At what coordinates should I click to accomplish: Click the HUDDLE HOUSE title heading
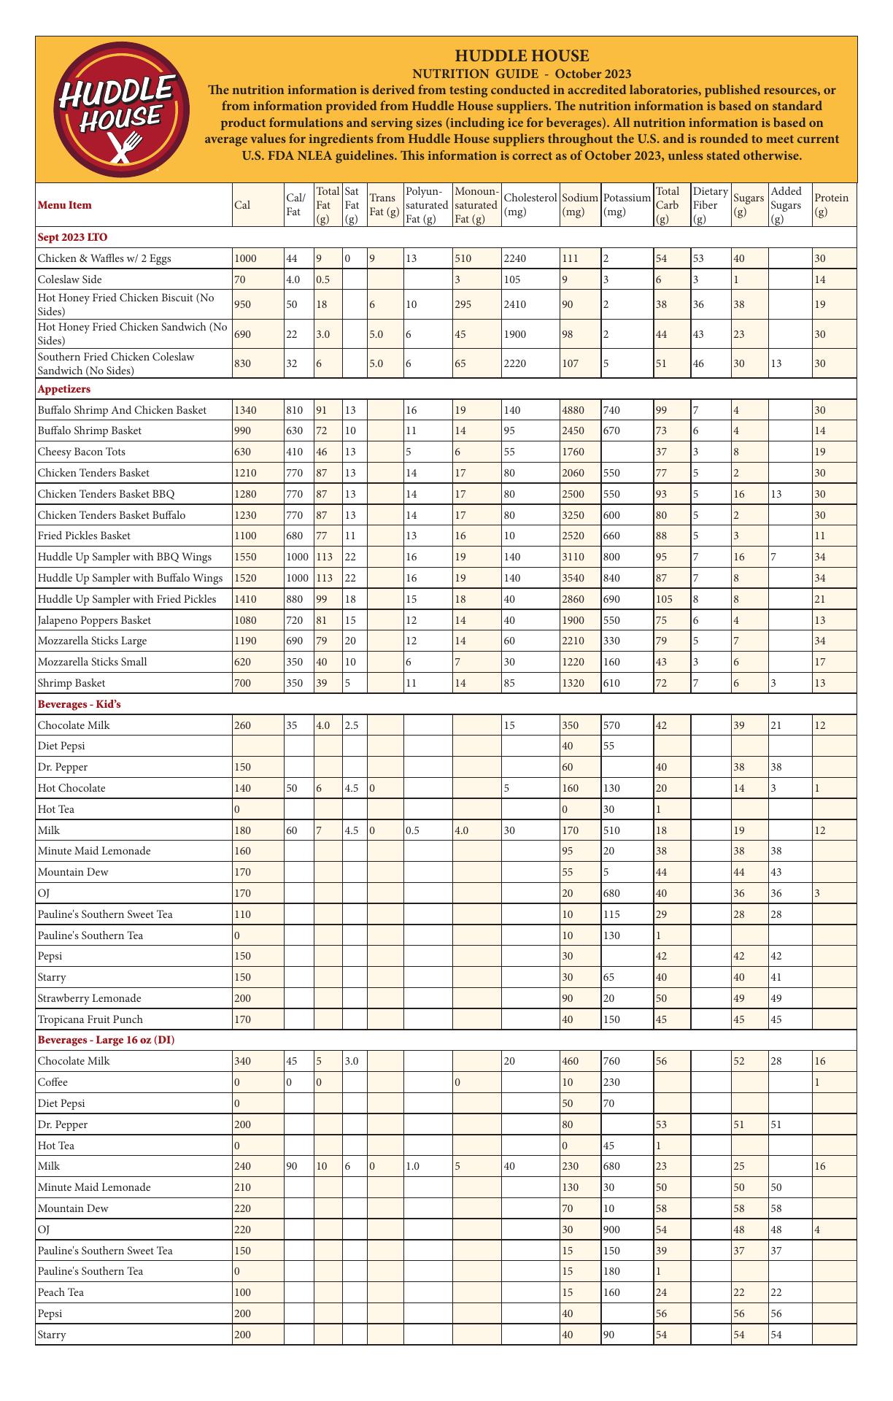(522, 56)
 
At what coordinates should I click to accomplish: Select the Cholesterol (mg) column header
(530, 205)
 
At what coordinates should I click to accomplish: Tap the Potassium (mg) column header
(627, 205)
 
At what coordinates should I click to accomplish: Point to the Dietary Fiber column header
(710, 205)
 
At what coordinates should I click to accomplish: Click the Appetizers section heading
(64, 390)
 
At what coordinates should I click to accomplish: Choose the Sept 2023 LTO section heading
(72, 237)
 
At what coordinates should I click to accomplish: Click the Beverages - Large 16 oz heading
(106, 1040)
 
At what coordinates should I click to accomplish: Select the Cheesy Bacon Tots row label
(81, 452)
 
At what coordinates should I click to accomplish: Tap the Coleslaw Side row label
(70, 279)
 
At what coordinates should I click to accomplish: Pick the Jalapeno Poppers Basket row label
(94, 620)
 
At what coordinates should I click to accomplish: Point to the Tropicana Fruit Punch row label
(90, 1019)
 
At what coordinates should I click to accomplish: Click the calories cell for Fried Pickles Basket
(244, 536)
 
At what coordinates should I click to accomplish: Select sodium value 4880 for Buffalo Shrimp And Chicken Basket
(572, 410)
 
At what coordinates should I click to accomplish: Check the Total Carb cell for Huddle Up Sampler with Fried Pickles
(663, 599)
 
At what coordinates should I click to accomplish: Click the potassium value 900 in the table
(614, 1230)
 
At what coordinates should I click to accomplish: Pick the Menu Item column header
(65, 205)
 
